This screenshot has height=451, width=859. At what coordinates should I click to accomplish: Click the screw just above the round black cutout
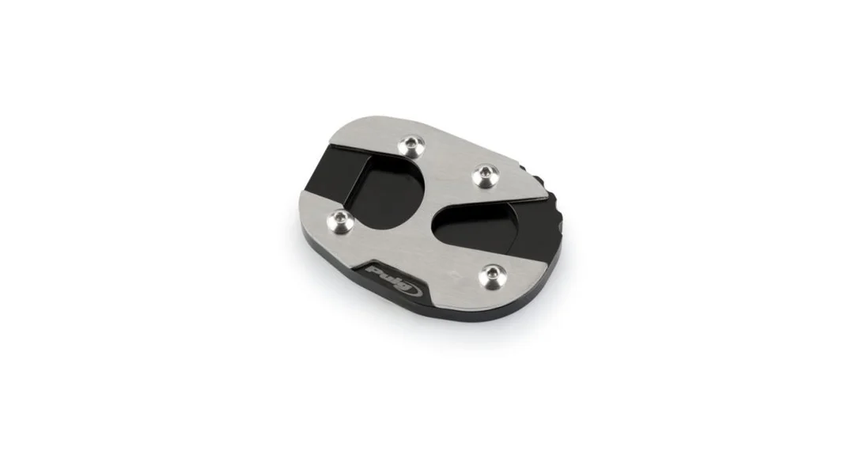coord(411,146)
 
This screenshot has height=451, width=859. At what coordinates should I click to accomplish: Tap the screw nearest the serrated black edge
coord(485,176)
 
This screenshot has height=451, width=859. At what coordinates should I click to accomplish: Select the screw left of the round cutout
coord(339,222)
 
